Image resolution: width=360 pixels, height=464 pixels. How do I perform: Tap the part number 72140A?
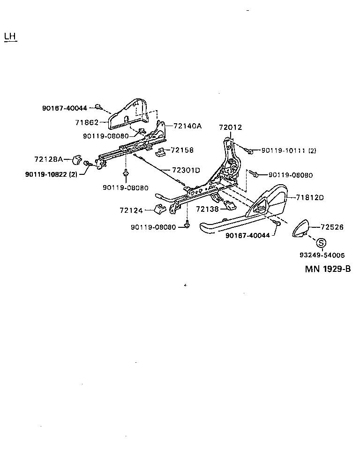187,126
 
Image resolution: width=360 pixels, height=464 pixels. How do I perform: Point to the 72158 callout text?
182,150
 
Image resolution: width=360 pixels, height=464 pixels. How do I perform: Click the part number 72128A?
48,159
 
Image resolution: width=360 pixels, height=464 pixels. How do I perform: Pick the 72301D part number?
186,170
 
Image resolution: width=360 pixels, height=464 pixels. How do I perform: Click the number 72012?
231,127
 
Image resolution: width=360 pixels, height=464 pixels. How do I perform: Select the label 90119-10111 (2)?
289,150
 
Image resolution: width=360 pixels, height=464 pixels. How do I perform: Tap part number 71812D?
309,197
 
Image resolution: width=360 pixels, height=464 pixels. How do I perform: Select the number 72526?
332,227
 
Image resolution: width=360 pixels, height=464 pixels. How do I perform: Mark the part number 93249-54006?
322,255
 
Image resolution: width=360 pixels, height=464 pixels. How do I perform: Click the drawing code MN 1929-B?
328,269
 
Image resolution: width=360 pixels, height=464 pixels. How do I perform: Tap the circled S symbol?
321,243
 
